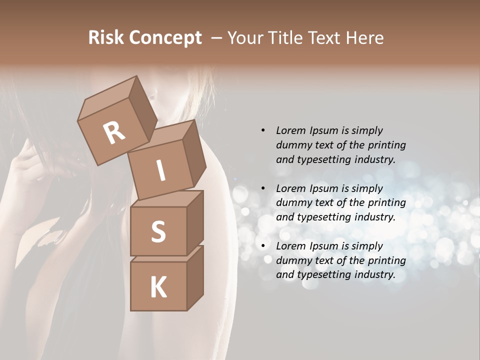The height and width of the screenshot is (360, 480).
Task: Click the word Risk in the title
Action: click(x=106, y=37)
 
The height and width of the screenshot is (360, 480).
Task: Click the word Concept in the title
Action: click(x=165, y=38)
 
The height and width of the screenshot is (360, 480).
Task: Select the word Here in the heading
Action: click(x=365, y=37)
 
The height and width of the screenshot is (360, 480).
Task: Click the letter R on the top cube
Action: click(x=114, y=132)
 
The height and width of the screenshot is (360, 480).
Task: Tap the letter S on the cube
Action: click(x=158, y=231)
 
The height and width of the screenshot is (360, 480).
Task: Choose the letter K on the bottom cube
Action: click(x=158, y=287)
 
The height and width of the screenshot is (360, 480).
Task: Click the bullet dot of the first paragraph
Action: click(x=263, y=130)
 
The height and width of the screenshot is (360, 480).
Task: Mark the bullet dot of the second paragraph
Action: click(x=263, y=188)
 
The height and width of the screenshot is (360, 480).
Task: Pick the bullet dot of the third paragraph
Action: click(x=263, y=246)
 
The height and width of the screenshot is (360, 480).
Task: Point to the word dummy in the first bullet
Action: click(x=292, y=145)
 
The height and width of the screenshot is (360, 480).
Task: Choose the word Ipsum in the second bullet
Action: click(x=323, y=188)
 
